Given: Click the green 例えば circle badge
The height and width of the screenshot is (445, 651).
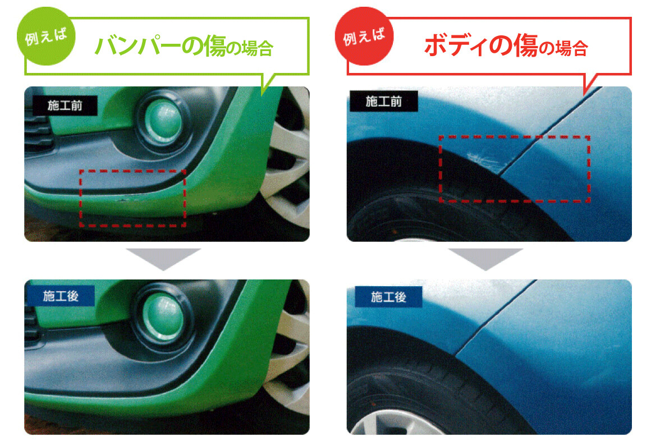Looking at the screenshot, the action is [x=46, y=36].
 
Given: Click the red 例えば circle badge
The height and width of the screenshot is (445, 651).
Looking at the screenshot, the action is [x=364, y=36].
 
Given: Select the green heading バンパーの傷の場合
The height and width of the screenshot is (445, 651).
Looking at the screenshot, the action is [x=184, y=46].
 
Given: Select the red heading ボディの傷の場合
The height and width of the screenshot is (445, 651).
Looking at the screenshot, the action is [x=506, y=46].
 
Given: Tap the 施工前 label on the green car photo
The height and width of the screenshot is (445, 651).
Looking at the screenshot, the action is [x=65, y=105].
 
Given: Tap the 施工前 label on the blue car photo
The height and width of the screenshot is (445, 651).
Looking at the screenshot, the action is [x=384, y=101].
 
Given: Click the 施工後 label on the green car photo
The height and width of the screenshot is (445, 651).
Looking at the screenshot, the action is [x=61, y=296].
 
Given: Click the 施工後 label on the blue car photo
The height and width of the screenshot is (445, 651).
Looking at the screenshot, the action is [x=388, y=297].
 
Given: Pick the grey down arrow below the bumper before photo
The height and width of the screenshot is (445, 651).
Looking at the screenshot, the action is [x=163, y=259].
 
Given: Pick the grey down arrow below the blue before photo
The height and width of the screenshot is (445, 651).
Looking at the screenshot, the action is [x=486, y=259].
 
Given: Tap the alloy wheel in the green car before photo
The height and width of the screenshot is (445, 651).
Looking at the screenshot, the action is [x=290, y=166].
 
